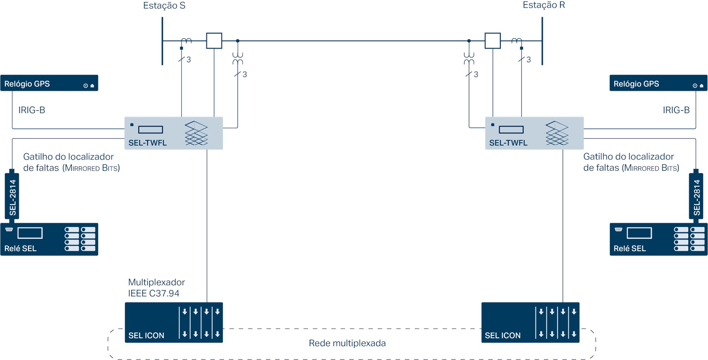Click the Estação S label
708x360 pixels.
(164, 6)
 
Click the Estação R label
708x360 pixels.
(544, 5)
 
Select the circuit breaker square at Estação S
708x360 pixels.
(214, 41)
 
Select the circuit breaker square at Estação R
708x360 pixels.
(492, 41)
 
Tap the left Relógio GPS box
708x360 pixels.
(49, 83)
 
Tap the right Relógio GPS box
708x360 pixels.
(658, 83)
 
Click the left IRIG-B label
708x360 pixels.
(32, 110)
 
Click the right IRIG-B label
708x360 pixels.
(676, 110)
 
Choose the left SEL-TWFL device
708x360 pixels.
(173, 133)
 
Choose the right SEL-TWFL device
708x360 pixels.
(534, 133)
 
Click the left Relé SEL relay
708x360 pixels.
(49, 239)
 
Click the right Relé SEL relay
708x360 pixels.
(658, 239)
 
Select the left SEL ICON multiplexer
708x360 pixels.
(173, 322)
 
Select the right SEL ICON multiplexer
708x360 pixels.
(530, 322)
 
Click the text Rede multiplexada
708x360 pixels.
(347, 343)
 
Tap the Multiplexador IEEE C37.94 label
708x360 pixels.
(156, 288)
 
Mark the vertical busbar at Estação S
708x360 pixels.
(162, 41)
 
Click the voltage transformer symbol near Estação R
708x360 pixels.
(469, 58)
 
